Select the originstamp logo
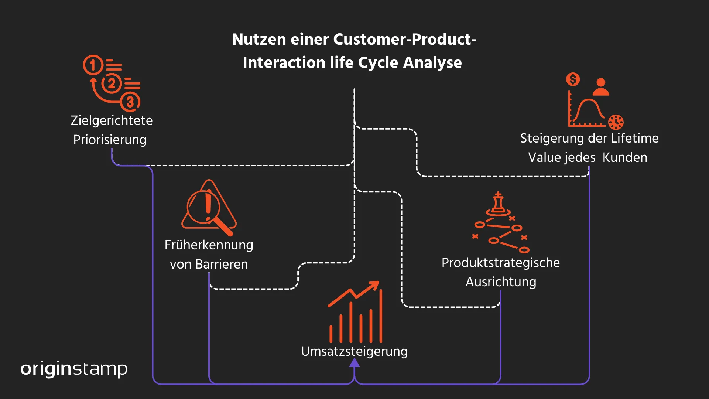tap(74, 369)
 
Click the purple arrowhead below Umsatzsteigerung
tap(354, 363)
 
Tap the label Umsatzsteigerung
tap(354, 351)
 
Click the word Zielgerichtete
tap(112, 120)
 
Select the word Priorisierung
tap(110, 140)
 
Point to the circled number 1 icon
tap(92, 65)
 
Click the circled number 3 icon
tap(130, 102)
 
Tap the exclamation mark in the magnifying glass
tap(208, 204)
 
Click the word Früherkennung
tap(209, 245)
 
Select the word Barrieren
tap(222, 264)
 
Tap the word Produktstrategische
tap(500, 263)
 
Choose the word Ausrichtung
tap(501, 282)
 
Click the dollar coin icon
tap(573, 79)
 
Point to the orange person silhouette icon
tap(601, 87)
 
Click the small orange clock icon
tap(616, 122)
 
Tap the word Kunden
tap(625, 157)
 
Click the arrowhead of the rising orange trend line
tap(375, 285)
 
